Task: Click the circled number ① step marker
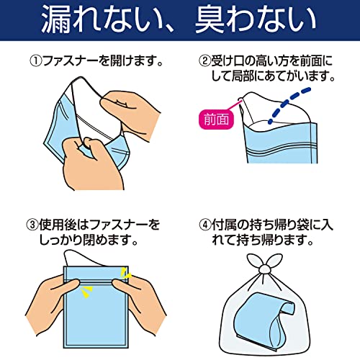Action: point(36,61)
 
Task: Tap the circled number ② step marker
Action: point(204,61)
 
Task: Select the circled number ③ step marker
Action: point(32,225)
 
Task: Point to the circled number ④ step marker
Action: point(204,225)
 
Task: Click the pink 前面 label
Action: point(216,120)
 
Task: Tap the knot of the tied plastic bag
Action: point(265,269)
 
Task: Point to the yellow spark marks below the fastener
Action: point(86,291)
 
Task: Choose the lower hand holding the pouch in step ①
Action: point(92,164)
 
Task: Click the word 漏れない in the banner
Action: point(98,19)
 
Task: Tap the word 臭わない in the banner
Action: point(256,19)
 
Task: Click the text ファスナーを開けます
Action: point(100,61)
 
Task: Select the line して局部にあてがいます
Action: point(272,76)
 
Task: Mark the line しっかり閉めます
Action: point(88,240)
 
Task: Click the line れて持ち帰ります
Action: point(263,240)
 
